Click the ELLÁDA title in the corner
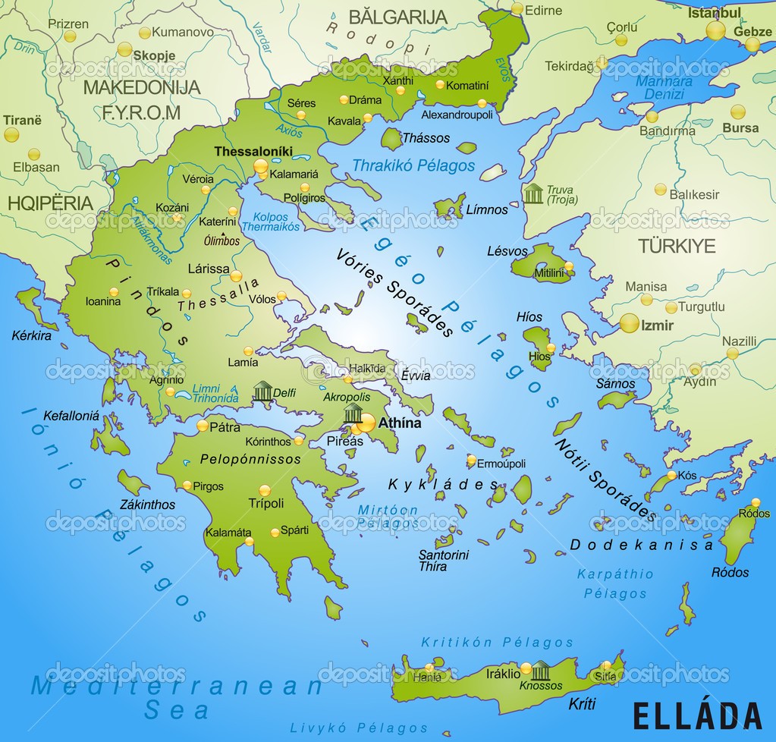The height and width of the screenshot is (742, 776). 696,715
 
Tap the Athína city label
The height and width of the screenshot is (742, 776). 399,423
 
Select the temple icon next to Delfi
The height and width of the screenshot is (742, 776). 262,391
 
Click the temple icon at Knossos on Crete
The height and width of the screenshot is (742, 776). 540,670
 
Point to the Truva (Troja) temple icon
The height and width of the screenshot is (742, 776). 533,193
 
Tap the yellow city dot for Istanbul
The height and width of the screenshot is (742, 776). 715,30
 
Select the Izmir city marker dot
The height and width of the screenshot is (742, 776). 629,323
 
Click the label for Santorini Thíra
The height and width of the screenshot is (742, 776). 444,561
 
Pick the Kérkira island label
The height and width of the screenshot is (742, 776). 31,335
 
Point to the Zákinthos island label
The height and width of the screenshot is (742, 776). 147,505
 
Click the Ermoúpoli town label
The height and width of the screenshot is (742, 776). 501,463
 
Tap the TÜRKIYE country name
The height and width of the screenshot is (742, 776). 677,246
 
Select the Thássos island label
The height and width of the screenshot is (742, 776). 426,138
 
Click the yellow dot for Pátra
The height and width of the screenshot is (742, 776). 203,426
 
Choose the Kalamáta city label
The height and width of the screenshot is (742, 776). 228,532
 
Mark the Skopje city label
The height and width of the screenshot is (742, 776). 154,55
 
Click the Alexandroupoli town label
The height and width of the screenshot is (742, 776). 457,115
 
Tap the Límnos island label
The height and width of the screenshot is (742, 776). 487,209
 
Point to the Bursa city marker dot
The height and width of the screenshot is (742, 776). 737,112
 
